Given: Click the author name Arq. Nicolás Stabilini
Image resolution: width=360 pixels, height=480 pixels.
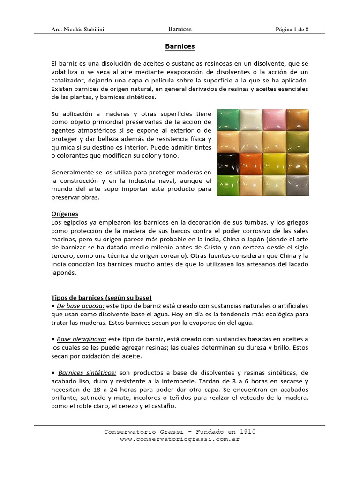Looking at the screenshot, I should point(77,30).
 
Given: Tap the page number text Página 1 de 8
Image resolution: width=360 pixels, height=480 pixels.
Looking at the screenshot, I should point(292,30).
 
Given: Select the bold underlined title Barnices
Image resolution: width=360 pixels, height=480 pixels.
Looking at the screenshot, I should point(180,46).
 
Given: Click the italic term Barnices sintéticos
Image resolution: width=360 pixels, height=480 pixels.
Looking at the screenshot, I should point(88,373).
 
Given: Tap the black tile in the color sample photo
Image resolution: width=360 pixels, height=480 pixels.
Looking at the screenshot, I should point(228,164).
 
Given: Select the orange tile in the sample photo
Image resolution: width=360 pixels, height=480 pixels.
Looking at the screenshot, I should point(251,164).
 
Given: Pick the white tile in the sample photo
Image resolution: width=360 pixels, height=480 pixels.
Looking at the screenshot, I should point(251,120).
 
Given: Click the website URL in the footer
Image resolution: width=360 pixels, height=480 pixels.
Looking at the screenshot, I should point(180,439).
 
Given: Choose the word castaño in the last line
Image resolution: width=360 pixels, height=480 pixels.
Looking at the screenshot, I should point(162,406).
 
